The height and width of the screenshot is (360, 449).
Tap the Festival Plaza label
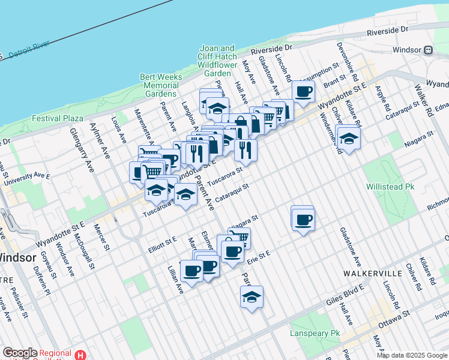(58, 118)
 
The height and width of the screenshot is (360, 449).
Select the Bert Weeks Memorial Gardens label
(160, 85)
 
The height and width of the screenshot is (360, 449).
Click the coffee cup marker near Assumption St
(303, 92)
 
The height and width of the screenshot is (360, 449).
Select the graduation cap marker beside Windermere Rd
(348, 137)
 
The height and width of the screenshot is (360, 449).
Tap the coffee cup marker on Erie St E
(232, 251)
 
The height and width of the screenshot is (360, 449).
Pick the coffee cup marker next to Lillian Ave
(191, 271)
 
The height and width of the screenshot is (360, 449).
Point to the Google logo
(20, 353)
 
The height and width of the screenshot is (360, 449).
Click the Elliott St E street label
(163, 241)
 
